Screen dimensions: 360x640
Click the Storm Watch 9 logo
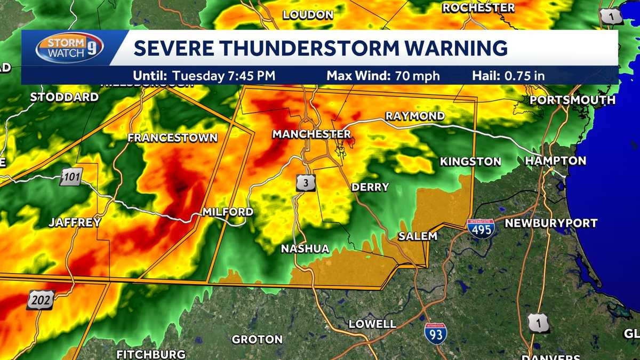pyautogui.click(x=69, y=48)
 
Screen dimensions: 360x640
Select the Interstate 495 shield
pyautogui.click(x=481, y=228)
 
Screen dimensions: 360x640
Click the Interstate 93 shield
pyautogui.click(x=436, y=333)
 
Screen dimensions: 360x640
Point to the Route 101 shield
pyautogui.click(x=71, y=176)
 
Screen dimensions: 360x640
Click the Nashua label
pyautogui.click(x=305, y=249)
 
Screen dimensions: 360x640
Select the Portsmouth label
pyautogui.click(x=573, y=100)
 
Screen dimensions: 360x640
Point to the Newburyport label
pyautogui.click(x=551, y=223)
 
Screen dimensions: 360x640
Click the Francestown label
pyautogui.click(x=173, y=138)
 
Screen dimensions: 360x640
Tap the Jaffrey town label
pyautogui.click(x=75, y=223)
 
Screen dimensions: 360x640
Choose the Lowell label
pyautogui.click(x=372, y=324)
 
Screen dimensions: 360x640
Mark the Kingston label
pyautogui.click(x=470, y=161)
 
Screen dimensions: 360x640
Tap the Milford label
pyautogui.click(x=228, y=212)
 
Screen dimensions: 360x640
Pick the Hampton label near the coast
pyautogui.click(x=555, y=161)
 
